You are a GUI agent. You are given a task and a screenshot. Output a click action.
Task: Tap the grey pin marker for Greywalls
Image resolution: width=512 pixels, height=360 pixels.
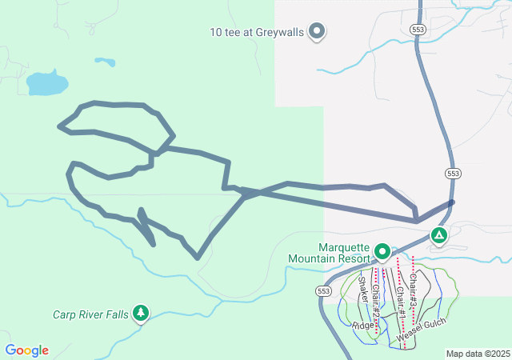pyautogui.click(x=318, y=31)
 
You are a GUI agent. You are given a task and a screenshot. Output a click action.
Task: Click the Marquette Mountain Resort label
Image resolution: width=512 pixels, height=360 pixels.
pyautogui.click(x=344, y=252)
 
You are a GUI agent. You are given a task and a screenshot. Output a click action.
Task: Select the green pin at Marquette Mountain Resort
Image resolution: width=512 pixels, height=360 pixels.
pyautogui.click(x=382, y=252)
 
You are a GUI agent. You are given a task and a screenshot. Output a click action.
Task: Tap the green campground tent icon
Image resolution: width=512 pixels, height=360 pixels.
pyautogui.click(x=438, y=235)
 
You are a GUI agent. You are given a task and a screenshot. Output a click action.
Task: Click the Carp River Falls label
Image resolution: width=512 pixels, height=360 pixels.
pyautogui.click(x=90, y=314)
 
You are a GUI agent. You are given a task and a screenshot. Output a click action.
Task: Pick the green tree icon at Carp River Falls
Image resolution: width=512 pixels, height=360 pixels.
pyautogui.click(x=141, y=313)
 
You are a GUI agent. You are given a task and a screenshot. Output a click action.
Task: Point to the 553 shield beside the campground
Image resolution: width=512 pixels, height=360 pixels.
pyautogui.click(x=454, y=173)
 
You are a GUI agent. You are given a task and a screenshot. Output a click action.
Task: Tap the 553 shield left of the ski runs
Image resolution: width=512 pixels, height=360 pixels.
pyautogui.click(x=323, y=290)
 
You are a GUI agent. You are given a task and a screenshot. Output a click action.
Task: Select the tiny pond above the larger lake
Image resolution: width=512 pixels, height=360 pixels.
pyautogui.click(x=104, y=61)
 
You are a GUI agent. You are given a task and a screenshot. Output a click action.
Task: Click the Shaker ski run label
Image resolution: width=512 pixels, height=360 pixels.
pyautogui.click(x=364, y=293)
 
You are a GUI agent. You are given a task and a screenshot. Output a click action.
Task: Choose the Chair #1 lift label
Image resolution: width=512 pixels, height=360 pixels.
pyautogui.click(x=398, y=305)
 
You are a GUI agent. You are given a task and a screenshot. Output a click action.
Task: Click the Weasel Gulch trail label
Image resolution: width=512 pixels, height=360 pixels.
pyautogui.click(x=422, y=331)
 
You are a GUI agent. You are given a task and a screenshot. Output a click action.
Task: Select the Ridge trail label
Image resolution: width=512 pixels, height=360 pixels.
pyautogui.click(x=363, y=326)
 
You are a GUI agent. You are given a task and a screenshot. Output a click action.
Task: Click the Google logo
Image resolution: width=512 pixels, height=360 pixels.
pyautogui.click(x=27, y=350)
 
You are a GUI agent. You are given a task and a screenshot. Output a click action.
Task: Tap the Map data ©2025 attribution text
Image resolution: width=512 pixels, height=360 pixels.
pyautogui.click(x=478, y=354)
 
